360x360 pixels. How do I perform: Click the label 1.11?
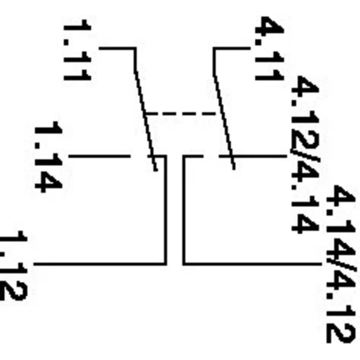click(x=77, y=50)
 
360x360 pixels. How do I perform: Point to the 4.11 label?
click(x=269, y=49)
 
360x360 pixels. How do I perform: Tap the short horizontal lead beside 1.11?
click(x=117, y=48)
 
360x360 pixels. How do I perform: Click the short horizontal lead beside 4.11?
click(x=232, y=48)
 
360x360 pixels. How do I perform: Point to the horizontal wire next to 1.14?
click(x=99, y=156)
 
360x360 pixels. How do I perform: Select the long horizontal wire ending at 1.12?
click(x=99, y=264)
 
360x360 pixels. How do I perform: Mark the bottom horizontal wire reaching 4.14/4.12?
click(x=252, y=264)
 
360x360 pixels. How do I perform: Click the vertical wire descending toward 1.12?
click(x=165, y=210)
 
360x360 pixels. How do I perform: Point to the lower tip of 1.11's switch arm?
click(x=156, y=170)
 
